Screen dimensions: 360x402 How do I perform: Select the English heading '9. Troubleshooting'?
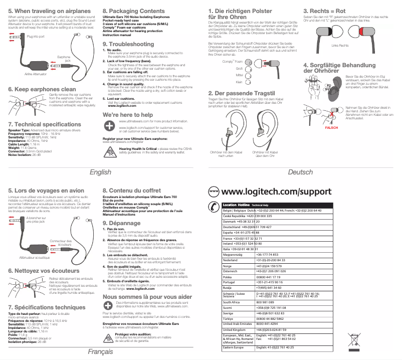point(128,44)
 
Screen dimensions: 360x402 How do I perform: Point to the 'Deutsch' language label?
point(300,172)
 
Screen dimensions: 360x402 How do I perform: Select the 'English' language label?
point(100,172)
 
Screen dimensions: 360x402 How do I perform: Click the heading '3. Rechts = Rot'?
point(324,10)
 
